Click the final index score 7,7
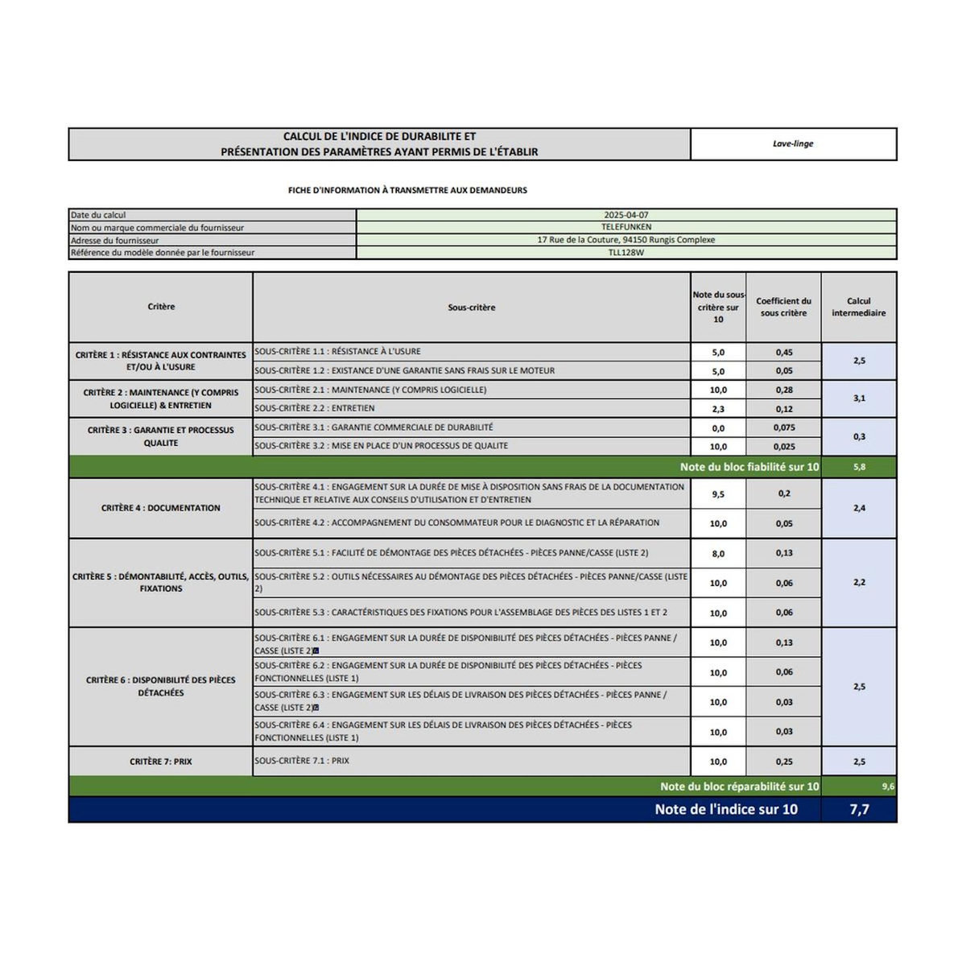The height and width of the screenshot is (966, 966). (x=859, y=809)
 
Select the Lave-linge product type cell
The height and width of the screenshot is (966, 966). (x=793, y=144)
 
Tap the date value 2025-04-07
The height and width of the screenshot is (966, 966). (x=625, y=215)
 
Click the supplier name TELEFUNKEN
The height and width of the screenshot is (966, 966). (x=625, y=227)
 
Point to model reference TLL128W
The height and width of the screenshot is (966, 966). (x=625, y=252)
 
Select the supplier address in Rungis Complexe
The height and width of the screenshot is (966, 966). (x=625, y=240)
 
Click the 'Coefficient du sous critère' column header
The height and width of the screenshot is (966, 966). (x=783, y=307)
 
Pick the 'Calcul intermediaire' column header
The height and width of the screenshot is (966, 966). (x=858, y=307)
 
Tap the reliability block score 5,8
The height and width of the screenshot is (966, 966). (x=859, y=467)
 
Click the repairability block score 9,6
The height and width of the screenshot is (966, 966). (x=887, y=786)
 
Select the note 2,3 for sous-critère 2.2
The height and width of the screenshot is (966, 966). (x=718, y=409)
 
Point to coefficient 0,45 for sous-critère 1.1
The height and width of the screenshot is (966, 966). (x=784, y=352)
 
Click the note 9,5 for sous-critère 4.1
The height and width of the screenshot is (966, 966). (x=718, y=494)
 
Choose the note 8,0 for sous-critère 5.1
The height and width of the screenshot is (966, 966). (x=718, y=554)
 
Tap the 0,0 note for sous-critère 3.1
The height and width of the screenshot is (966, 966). (x=718, y=428)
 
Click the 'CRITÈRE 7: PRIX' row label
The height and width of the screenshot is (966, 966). (x=161, y=762)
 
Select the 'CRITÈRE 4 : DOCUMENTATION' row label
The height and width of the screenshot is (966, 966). (x=161, y=508)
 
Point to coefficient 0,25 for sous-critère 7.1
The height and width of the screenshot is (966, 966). (x=784, y=762)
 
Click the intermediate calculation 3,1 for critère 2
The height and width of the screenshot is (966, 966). (x=859, y=398)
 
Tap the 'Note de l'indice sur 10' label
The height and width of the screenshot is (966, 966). (x=725, y=809)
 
